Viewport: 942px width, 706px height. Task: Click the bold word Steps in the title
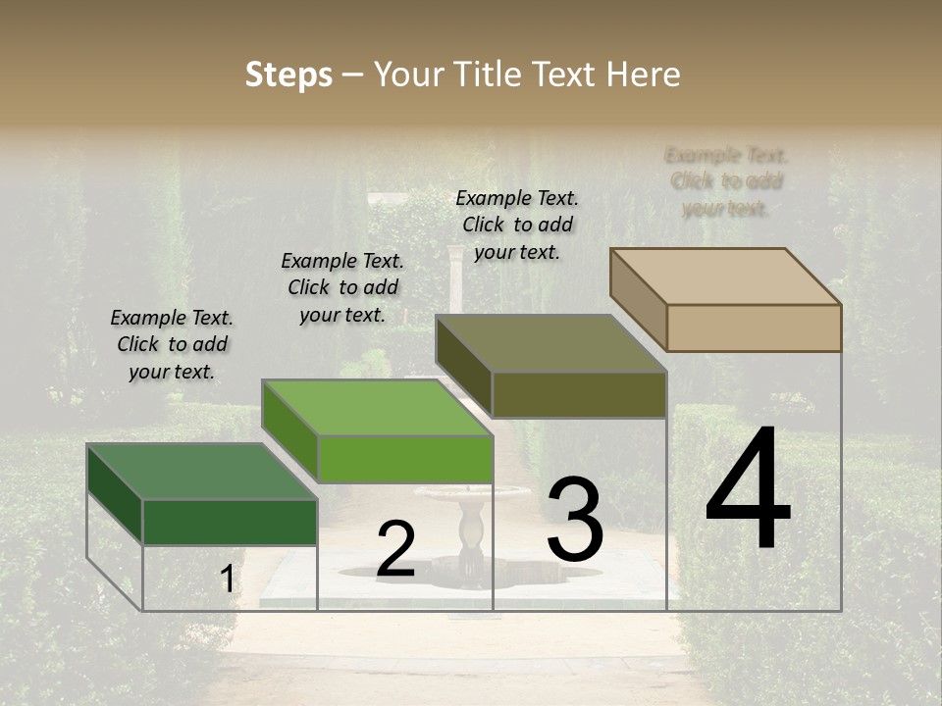(288, 75)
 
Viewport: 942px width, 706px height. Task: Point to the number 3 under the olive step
(575, 521)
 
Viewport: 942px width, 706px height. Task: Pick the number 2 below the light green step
(395, 549)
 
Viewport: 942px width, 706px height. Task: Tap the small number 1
(227, 580)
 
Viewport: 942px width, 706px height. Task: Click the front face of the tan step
(754, 328)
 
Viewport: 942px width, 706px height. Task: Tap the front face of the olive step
(579, 394)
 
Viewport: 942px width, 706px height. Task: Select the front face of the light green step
(404, 459)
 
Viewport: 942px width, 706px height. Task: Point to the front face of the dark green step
(230, 522)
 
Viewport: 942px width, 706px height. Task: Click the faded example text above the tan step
(726, 181)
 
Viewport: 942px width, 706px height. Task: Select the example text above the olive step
(517, 225)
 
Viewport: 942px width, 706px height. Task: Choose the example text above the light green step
(342, 287)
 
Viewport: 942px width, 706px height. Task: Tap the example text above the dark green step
(172, 344)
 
